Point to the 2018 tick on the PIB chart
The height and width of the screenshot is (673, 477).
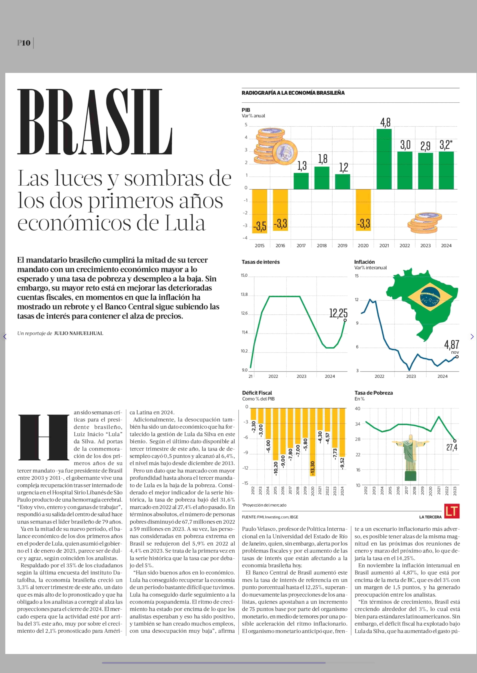322,245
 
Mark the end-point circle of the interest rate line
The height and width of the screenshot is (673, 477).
345,320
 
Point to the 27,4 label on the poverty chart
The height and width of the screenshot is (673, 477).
452,447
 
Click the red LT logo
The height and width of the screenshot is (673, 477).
452,511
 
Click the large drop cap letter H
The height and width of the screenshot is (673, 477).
44,437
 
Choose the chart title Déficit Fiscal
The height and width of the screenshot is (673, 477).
257,393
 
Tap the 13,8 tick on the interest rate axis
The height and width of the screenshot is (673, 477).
244,294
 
